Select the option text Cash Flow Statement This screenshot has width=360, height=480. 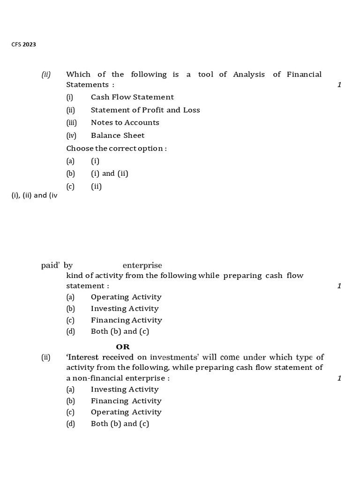(132, 97)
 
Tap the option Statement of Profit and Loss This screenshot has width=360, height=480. (145, 110)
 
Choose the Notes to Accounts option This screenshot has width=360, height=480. (125, 123)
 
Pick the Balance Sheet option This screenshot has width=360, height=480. (118, 135)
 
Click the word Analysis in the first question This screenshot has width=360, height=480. (249, 75)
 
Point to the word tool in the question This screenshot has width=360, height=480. (205, 75)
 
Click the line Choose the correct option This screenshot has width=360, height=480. (117, 148)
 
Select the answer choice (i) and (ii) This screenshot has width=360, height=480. (110, 173)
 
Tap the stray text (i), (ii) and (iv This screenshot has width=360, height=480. (34, 195)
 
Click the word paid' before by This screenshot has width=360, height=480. (50, 266)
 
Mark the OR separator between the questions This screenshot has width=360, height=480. (123, 347)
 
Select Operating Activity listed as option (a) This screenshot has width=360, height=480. (126, 297)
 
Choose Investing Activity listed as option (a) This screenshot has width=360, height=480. (125, 390)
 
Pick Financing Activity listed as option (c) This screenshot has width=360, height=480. (127, 320)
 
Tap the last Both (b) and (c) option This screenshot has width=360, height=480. (120, 424)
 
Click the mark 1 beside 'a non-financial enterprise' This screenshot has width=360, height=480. (339, 378)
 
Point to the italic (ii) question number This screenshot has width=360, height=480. (46, 75)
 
